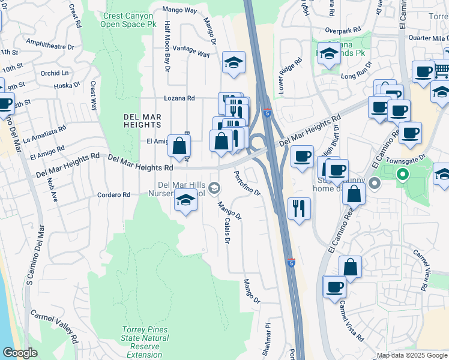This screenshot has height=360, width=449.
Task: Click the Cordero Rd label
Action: coord(115,195)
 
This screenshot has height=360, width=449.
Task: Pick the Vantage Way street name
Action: coord(191,51)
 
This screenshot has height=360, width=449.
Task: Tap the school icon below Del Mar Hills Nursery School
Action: coord(186,200)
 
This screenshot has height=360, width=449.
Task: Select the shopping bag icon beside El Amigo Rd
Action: coord(179,145)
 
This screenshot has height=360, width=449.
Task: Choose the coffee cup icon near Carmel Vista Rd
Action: coord(334,286)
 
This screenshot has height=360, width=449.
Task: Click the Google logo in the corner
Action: coord(20,353)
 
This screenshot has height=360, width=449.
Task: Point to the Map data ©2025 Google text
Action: coord(411,355)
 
